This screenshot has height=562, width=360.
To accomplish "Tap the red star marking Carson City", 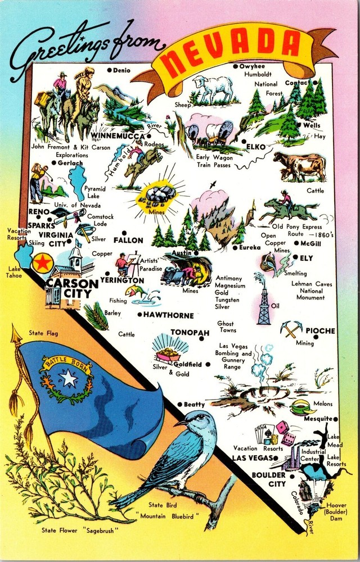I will point(40,262).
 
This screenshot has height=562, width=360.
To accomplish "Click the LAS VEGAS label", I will point(251,458).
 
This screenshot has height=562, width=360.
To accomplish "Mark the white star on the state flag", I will point(69,379).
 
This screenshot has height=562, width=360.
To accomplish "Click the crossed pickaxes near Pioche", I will point(291,329).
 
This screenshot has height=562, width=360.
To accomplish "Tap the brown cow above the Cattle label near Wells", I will point(301,166).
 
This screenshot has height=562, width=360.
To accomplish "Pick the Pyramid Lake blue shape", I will point(76,182).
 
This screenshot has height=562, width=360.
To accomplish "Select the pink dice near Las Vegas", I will point(281,428).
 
